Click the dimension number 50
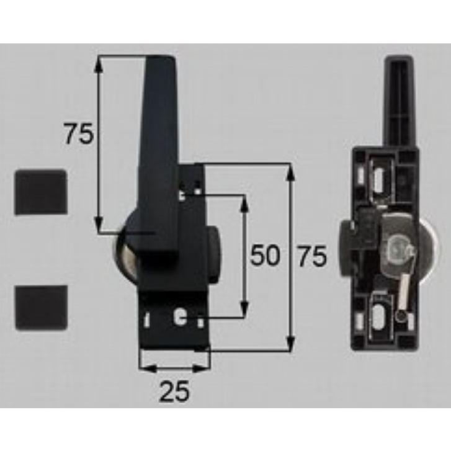[x=265, y=256]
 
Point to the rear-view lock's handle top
[x=400, y=63]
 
